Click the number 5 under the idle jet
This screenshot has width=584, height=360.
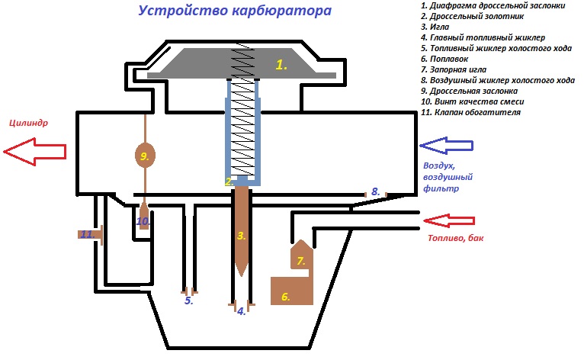pyautogui.click(x=189, y=301)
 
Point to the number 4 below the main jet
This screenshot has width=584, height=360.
pyautogui.click(x=242, y=310)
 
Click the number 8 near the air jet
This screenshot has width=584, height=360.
pyautogui.click(x=375, y=191)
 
